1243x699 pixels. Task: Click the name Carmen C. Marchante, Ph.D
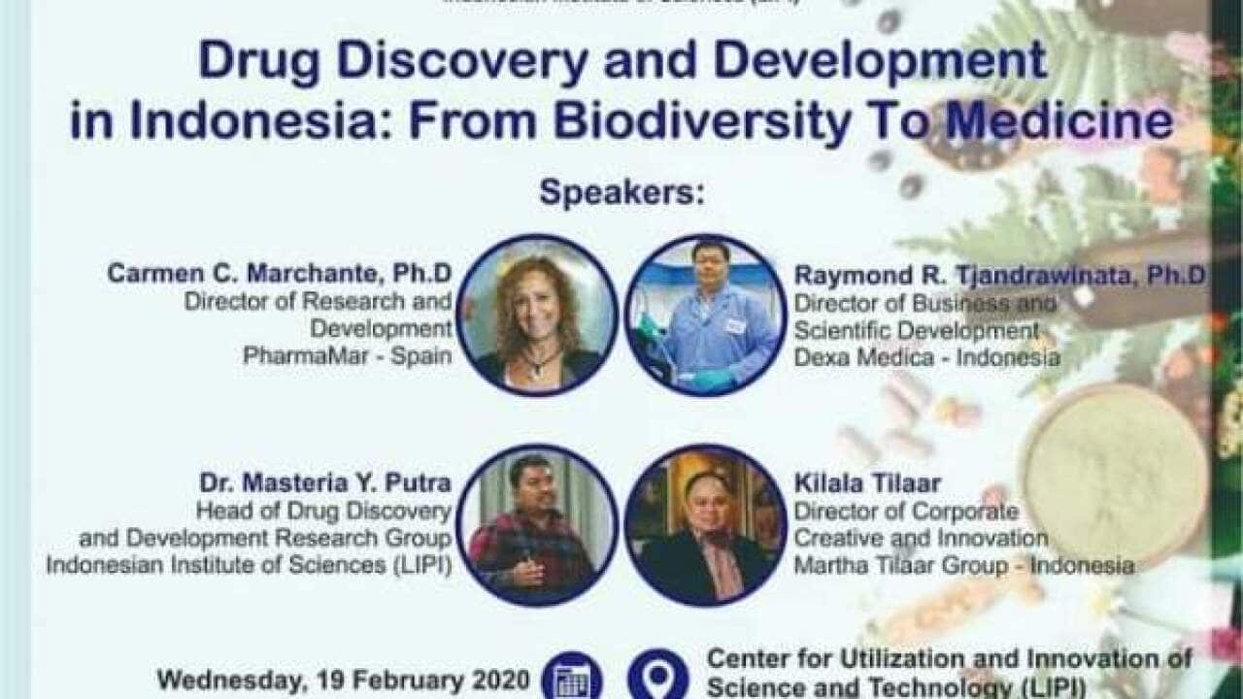tap(280, 274)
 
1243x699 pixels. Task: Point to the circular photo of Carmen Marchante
tap(537, 315)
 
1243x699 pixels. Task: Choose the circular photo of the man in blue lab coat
tap(705, 315)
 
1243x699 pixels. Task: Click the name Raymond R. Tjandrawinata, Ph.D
tap(999, 276)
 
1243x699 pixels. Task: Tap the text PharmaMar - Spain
tap(347, 355)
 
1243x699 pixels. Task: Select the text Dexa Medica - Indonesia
tap(926, 357)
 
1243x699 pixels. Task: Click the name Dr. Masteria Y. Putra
tap(325, 483)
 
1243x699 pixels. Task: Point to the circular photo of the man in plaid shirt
tap(537, 524)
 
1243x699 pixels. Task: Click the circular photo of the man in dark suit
tap(705, 524)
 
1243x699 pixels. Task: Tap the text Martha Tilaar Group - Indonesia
tap(963, 565)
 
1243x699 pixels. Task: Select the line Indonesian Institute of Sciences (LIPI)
tap(249, 565)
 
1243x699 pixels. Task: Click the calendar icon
tap(572, 677)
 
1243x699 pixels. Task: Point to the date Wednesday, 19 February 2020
tap(344, 679)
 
